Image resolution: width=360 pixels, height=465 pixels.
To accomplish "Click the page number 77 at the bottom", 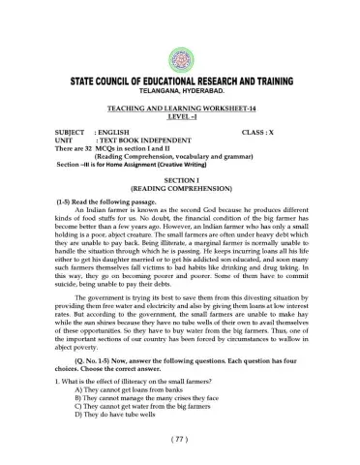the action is [181, 438].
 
